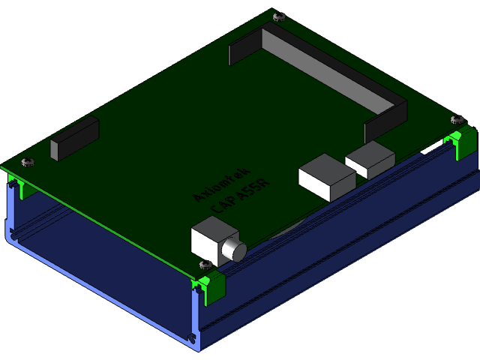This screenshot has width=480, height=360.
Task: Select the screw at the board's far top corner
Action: pos(279,16)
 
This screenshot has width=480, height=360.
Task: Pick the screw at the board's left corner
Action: pos(28,162)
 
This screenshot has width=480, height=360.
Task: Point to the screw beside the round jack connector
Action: pos(202,263)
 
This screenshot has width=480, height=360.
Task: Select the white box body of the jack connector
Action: pos(210,238)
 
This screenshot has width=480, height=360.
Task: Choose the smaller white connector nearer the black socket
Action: pos(370,159)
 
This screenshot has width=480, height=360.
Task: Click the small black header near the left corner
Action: pos(75,139)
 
